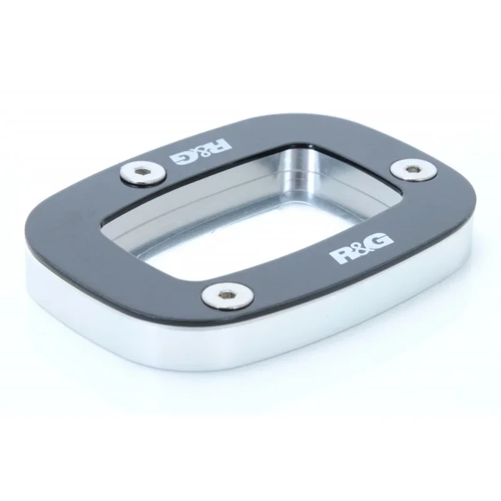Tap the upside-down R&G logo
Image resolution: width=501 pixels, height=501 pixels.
point(200,152)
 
